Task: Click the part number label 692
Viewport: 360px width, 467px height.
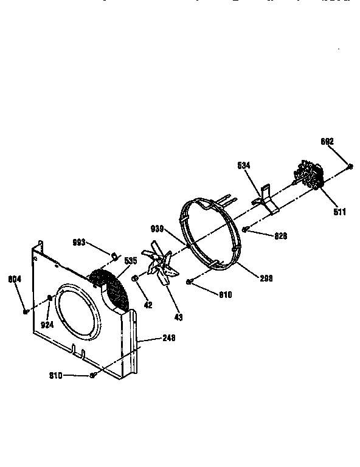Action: coord(327,142)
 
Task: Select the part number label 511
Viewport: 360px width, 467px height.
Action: coord(339,212)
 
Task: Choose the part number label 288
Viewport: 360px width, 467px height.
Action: coord(266,278)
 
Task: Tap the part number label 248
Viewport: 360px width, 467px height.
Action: coord(168,338)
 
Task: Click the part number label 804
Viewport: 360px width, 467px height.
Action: coord(15,280)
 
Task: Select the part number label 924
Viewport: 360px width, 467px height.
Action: coord(47,325)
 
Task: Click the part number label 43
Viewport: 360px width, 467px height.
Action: coord(178,317)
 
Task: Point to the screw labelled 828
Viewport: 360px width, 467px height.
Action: coord(246,229)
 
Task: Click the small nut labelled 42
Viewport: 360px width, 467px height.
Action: coord(135,278)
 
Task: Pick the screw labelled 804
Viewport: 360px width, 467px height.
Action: coord(25,311)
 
